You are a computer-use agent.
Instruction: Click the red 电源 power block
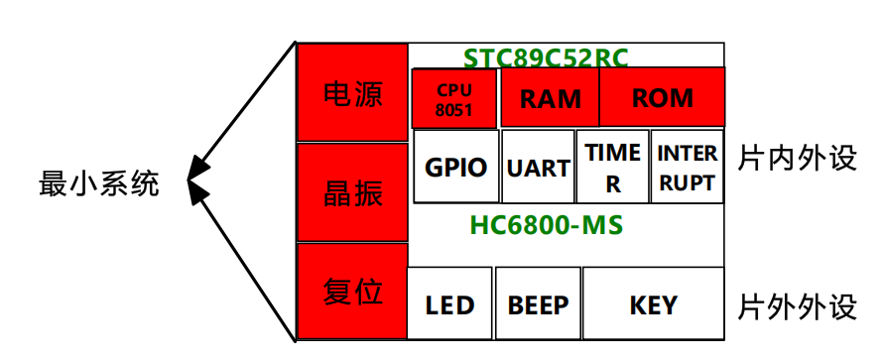(x=353, y=92)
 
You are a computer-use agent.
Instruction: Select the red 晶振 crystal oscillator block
(x=353, y=192)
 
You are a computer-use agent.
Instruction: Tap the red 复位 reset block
(x=353, y=291)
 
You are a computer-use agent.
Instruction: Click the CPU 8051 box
(x=454, y=98)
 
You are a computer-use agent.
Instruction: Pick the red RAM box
(x=551, y=97)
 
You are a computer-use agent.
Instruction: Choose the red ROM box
(x=663, y=97)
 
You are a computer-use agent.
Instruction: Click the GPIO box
(x=456, y=167)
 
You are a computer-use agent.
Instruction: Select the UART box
(x=539, y=167)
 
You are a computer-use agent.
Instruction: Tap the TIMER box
(x=613, y=167)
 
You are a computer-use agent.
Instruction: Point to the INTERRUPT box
(x=688, y=167)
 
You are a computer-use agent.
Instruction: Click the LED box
(x=449, y=303)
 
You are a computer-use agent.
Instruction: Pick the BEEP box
(x=539, y=303)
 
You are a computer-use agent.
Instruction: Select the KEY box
(x=654, y=303)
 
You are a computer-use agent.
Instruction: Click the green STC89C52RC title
(x=546, y=58)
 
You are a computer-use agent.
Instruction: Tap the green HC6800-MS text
(x=547, y=225)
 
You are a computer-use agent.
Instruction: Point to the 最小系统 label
(x=99, y=184)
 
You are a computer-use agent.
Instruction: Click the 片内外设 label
(x=797, y=159)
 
